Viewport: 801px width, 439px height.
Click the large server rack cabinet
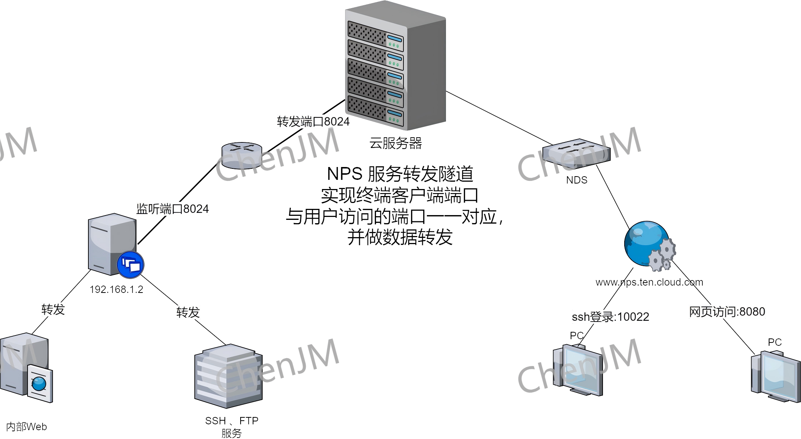(x=395, y=66)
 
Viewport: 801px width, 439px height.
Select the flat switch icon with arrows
(x=576, y=152)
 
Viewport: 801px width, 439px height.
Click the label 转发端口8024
(x=313, y=121)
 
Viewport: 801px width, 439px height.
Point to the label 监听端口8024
(x=172, y=209)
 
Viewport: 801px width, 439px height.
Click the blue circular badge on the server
(x=131, y=265)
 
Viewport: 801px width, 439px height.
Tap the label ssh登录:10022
(x=610, y=316)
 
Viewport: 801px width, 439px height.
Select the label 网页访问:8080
(x=727, y=312)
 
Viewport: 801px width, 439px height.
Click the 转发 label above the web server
(x=53, y=310)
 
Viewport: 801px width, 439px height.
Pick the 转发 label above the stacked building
(x=188, y=312)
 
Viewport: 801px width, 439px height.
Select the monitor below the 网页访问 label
(x=776, y=376)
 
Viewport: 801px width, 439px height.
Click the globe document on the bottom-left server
(x=39, y=384)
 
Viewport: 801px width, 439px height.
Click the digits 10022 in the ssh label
(x=633, y=316)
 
